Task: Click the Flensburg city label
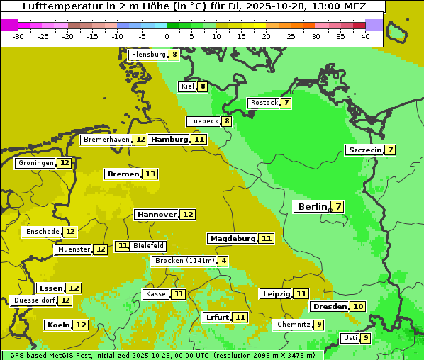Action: point(148,55)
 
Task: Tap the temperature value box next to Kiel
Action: point(202,86)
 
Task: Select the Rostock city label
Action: point(264,103)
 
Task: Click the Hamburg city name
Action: point(169,140)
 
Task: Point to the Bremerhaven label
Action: point(106,140)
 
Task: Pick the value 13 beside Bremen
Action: point(150,174)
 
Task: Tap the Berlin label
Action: point(312,206)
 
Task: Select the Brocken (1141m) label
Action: point(184,261)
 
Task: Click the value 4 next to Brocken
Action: point(223,261)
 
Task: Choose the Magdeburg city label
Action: point(232,238)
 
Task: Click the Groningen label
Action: point(36,163)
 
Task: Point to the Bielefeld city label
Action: point(148,246)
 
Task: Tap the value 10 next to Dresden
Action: point(358,306)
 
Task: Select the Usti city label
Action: point(350,338)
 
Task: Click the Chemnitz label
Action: point(293,325)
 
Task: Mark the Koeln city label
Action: point(58,325)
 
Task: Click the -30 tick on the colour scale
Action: point(18,36)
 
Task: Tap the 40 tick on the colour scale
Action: point(365,36)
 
